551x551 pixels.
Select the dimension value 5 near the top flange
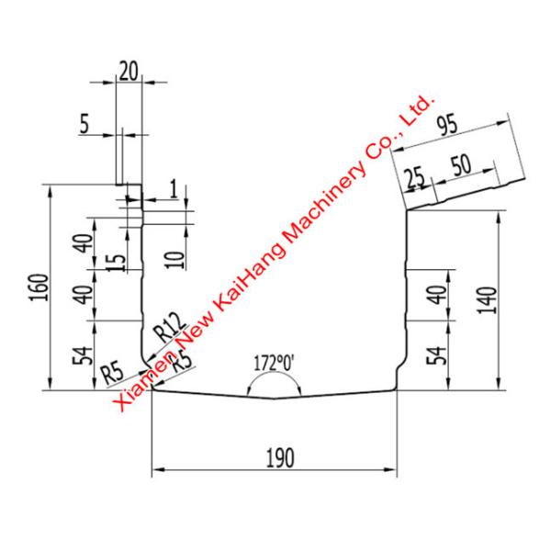point(84,126)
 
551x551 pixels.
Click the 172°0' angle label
point(274,363)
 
